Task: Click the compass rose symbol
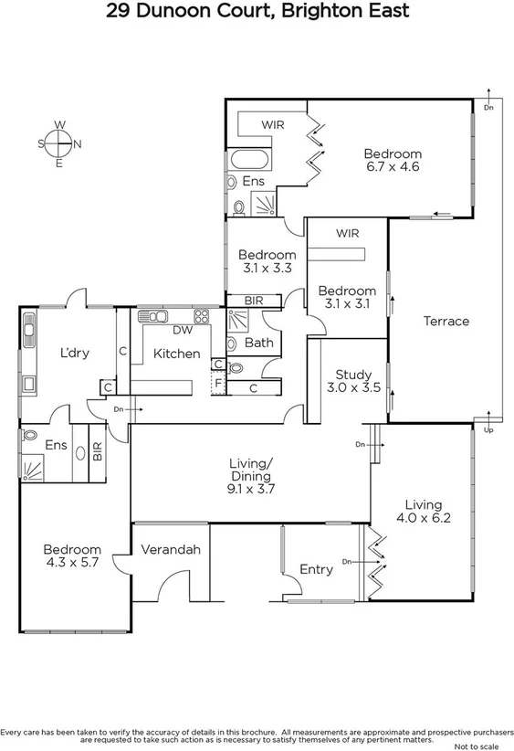(x=59, y=143)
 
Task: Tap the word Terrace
(x=446, y=322)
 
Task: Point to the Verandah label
(x=171, y=550)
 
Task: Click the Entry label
(x=316, y=569)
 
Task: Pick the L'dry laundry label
(x=74, y=354)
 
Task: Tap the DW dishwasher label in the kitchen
(x=181, y=332)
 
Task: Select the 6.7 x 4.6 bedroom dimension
(x=392, y=167)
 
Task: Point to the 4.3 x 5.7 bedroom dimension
(x=71, y=563)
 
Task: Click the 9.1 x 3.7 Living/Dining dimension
(x=250, y=489)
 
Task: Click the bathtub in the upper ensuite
(x=251, y=159)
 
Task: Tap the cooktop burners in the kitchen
(x=202, y=317)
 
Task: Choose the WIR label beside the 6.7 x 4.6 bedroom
(x=274, y=123)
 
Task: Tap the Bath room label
(x=258, y=343)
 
